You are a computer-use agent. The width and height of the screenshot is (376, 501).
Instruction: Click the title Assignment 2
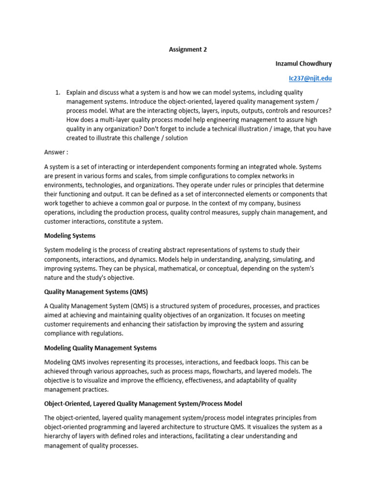tap(188, 49)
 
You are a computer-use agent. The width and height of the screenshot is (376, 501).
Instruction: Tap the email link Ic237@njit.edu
tap(310, 78)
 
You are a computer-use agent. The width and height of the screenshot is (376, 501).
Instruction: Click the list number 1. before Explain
tap(57, 92)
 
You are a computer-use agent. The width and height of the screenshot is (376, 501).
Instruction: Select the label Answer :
tap(56, 152)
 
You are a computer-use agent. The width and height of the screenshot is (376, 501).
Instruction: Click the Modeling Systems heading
tap(70, 235)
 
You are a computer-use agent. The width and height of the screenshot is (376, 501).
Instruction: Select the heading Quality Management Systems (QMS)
tap(96, 292)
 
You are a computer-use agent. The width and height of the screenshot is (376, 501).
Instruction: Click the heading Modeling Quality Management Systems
tap(100, 348)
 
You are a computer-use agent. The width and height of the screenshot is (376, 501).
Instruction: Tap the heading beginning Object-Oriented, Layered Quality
tap(143, 404)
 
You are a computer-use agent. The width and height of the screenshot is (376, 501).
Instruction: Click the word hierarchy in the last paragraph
tap(58, 436)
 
